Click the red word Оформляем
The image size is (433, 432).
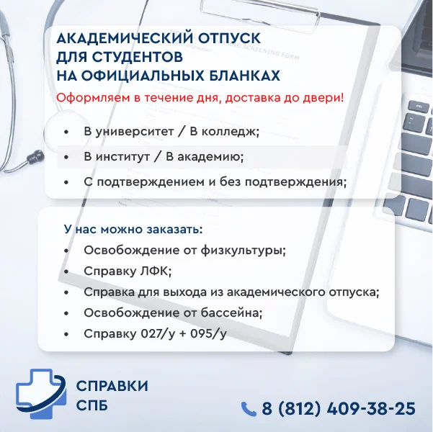(93, 98)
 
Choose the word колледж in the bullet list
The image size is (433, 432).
(230, 132)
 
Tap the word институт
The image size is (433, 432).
(123, 157)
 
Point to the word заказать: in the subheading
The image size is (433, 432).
(174, 230)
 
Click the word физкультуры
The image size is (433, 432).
(243, 251)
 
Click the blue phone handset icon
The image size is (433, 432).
(249, 409)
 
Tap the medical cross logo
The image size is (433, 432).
(41, 394)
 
